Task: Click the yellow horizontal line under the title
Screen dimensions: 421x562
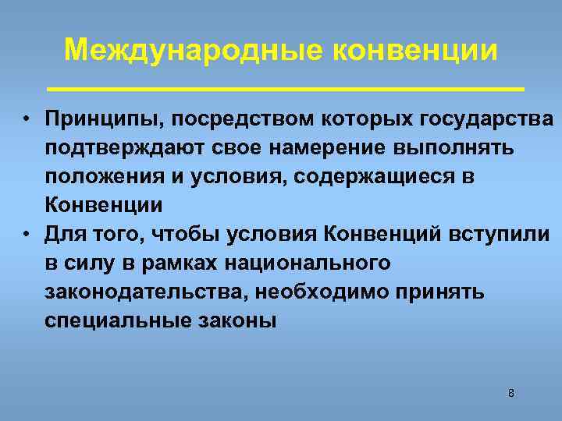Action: coord(286,86)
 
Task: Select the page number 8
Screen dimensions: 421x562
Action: coord(511,393)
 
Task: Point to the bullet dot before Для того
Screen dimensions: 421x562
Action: coord(26,235)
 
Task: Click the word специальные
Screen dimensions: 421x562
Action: coord(112,320)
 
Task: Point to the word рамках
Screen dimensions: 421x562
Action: coord(179,263)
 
